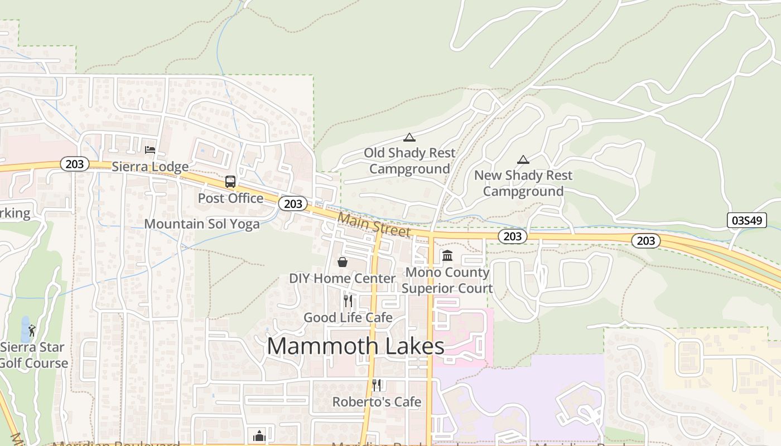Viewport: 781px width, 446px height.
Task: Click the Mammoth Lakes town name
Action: tap(355, 346)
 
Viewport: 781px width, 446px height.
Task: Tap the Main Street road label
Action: tap(374, 225)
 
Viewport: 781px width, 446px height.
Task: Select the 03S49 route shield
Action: tap(747, 220)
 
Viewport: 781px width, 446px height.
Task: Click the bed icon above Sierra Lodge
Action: tap(150, 149)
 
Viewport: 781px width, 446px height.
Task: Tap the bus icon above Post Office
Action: tap(230, 181)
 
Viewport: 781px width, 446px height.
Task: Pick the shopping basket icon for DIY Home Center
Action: tap(343, 261)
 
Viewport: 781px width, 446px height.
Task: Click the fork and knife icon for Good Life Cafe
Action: tap(348, 301)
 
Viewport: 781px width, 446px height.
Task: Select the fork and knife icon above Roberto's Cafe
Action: tap(377, 385)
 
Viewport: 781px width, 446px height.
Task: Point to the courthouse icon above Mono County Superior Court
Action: tap(447, 256)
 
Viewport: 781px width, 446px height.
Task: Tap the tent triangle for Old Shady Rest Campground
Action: tap(409, 137)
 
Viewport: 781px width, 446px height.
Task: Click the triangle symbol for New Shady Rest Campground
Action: tap(523, 160)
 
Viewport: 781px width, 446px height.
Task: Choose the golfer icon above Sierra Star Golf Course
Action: tap(32, 331)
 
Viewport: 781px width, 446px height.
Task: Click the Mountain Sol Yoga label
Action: tap(202, 224)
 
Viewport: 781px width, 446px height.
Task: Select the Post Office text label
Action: tap(230, 198)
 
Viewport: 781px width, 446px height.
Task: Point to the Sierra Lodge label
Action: tap(150, 167)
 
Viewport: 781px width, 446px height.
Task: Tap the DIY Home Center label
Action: tap(342, 278)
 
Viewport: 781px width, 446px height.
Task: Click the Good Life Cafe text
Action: tap(348, 318)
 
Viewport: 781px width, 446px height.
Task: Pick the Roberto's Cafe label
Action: tap(377, 402)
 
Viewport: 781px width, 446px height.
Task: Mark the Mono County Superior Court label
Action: tap(447, 280)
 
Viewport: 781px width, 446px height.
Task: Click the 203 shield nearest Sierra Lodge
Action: tap(74, 164)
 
